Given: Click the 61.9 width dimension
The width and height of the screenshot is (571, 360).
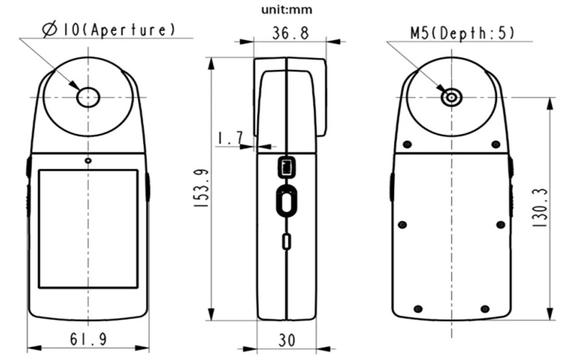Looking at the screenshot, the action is [88, 339].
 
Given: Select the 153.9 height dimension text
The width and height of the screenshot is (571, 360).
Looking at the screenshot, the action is [201, 188].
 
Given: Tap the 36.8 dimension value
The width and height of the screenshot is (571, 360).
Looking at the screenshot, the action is [290, 33].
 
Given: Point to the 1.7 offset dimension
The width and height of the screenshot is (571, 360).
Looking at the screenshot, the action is [230, 138].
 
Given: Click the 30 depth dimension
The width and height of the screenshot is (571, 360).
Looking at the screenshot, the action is [287, 341].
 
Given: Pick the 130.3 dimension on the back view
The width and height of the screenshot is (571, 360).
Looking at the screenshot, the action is [540, 208].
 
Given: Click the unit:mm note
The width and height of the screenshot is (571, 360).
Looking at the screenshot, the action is [287, 10].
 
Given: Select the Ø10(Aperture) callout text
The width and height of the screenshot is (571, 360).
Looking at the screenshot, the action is [108, 30].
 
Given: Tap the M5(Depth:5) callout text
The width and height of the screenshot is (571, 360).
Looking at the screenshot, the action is [463, 34].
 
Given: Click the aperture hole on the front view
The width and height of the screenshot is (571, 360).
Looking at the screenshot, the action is [88, 97].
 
